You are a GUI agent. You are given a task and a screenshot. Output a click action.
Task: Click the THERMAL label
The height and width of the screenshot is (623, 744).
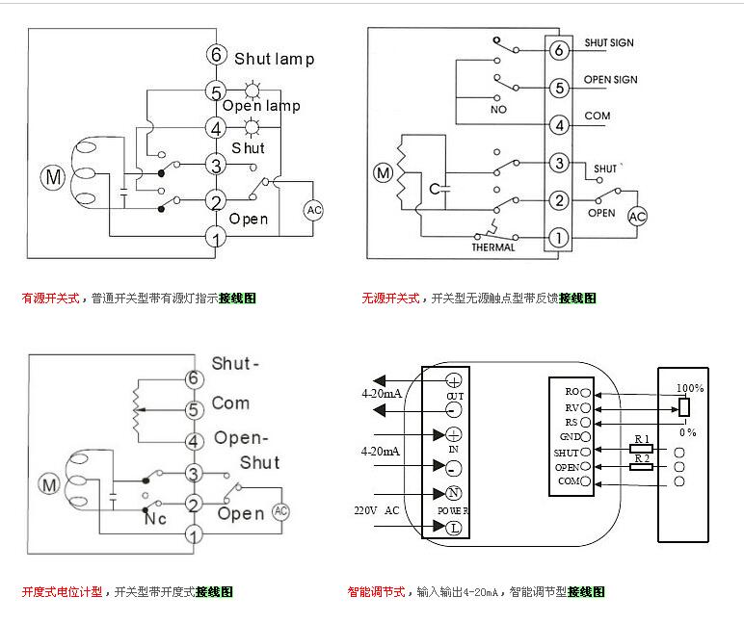pyautogui.click(x=492, y=247)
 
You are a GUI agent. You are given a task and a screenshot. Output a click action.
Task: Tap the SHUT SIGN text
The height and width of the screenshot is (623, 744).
pyautogui.click(x=610, y=43)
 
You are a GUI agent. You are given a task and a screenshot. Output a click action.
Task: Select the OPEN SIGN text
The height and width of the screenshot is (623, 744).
pyautogui.click(x=610, y=80)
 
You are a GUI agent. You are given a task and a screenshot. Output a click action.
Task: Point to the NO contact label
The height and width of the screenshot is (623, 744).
pyautogui.click(x=498, y=110)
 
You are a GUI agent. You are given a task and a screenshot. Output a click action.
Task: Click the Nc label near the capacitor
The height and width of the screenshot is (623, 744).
pyautogui.click(x=156, y=518)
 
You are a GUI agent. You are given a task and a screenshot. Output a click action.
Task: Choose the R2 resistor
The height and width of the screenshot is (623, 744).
pyautogui.click(x=643, y=466)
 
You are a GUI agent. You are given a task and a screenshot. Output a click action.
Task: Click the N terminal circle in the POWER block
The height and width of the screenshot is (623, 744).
pyautogui.click(x=452, y=493)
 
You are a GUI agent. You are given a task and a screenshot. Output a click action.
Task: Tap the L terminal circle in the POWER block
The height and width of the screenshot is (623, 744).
pyautogui.click(x=452, y=527)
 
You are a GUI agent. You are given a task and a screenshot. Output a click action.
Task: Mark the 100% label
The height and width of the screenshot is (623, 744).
pyautogui.click(x=689, y=388)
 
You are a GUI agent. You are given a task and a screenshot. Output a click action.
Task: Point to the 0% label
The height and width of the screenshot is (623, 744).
pyautogui.click(x=687, y=433)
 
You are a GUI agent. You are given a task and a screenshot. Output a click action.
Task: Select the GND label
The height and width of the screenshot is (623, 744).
pyautogui.click(x=568, y=436)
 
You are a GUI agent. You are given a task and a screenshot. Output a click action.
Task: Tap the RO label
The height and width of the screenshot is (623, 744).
pyautogui.click(x=571, y=392)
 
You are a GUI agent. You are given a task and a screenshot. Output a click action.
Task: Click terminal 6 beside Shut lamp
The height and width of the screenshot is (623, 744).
pyautogui.click(x=215, y=57)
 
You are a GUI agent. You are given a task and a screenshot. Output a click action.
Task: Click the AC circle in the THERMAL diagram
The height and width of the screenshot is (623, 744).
pyautogui.click(x=638, y=218)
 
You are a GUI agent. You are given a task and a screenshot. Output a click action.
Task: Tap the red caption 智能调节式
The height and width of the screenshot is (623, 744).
pyautogui.click(x=377, y=591)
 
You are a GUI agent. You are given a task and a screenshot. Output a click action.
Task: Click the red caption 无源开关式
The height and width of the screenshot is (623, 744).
pyautogui.click(x=390, y=299)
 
